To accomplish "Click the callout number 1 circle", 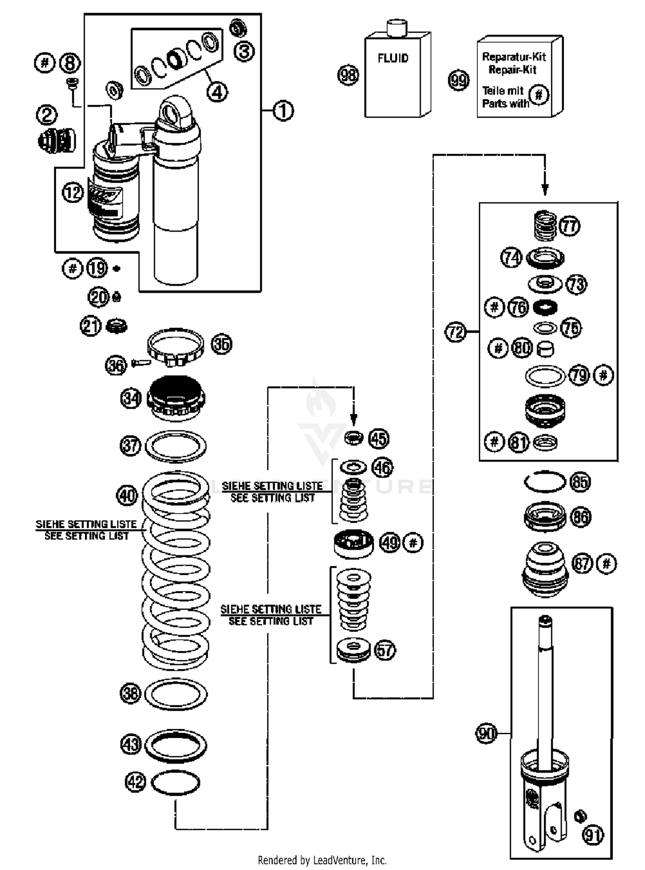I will pos(283,111).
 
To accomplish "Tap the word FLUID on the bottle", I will pos(393,59).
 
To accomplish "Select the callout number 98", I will pos(348,75).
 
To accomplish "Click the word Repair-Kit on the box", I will pos(513,70).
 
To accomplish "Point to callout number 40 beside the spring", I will pos(127,496).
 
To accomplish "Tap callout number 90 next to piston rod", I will pos(487,733).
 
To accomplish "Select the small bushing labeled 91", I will pos(580,815).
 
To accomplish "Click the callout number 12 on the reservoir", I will pos(73,192).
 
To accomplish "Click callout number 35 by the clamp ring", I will pos(221,344).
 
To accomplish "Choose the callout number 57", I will pos(385,650).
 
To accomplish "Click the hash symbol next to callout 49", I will pos(413,543).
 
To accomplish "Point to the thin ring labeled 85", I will pos(545,481).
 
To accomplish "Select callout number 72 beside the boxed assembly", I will pos(455,332).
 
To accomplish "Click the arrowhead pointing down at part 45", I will pos(353,419).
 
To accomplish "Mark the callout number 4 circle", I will pos(217,91).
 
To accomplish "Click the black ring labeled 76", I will pos(545,307).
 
